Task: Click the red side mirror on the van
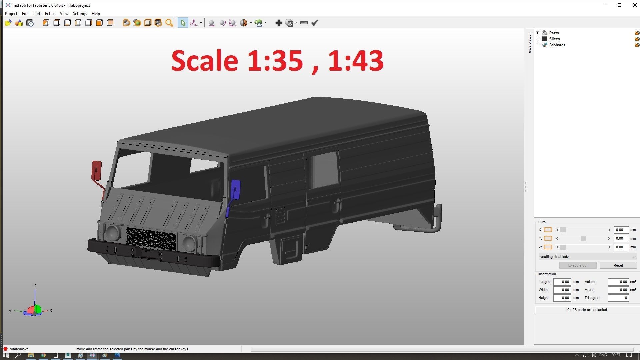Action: point(96,170)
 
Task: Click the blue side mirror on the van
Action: point(235,190)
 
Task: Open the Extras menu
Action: point(50,14)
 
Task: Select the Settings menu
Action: point(80,14)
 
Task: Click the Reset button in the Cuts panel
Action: point(618,265)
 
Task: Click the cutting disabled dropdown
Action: point(587,257)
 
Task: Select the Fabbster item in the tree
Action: point(557,45)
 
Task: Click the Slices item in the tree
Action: point(554,39)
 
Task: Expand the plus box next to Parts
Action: point(537,33)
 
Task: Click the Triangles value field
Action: point(618,298)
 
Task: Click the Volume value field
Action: point(618,282)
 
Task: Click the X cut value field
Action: point(621,230)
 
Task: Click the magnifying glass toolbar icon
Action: point(169,23)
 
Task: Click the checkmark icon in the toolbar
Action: point(315,23)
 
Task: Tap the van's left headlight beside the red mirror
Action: point(113,232)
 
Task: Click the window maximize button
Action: point(619,5)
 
